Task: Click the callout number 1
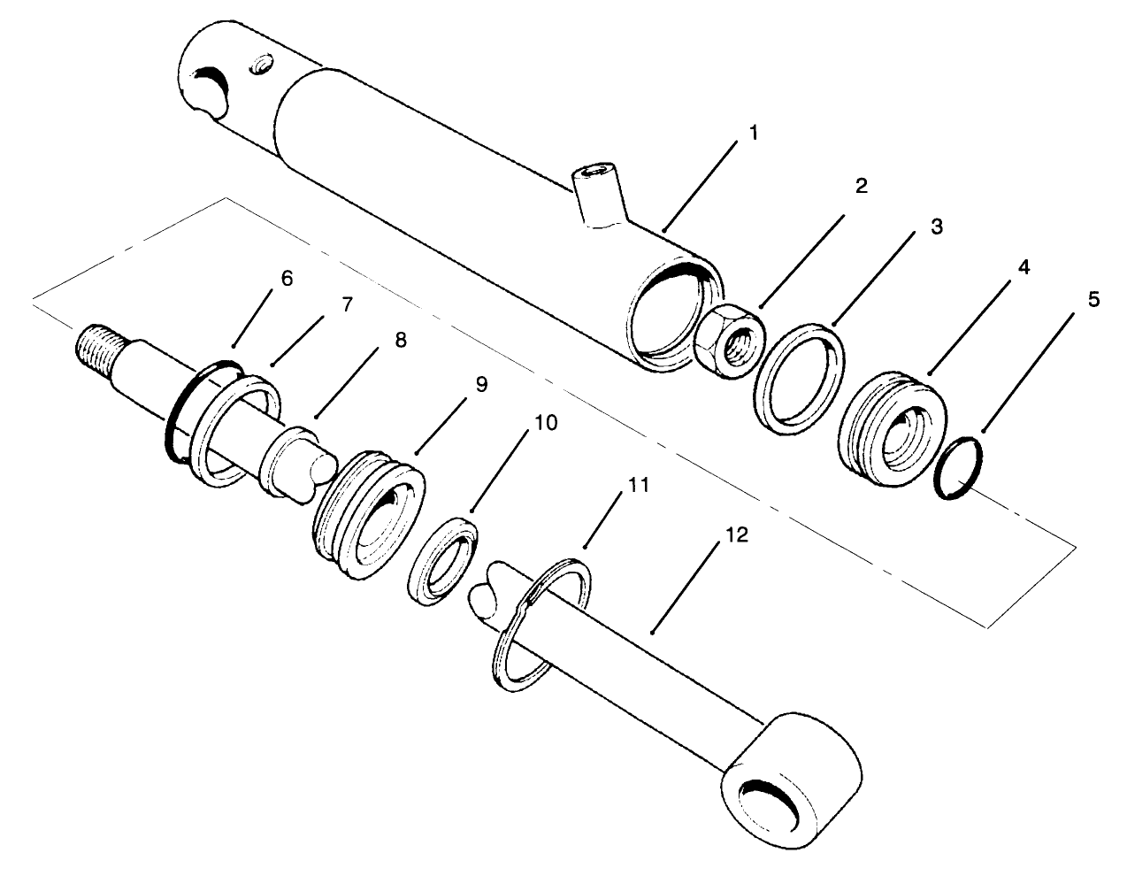pyautogui.click(x=753, y=134)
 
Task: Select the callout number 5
pyautogui.click(x=1093, y=300)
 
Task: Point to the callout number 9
pyautogui.click(x=480, y=385)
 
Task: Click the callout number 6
pyautogui.click(x=286, y=278)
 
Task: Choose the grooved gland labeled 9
pyautogui.click(x=366, y=516)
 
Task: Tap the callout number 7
pyautogui.click(x=346, y=304)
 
